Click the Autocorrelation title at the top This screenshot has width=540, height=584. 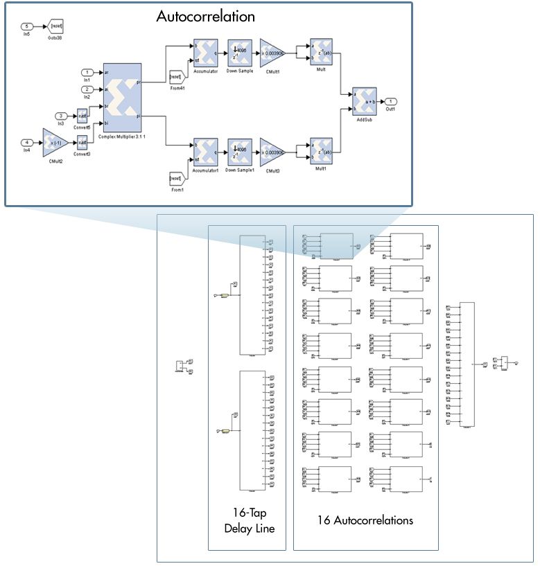tap(205, 17)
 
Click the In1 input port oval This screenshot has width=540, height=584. tap(87, 72)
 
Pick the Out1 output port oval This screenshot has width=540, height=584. tap(392, 101)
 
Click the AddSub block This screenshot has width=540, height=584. tap(364, 101)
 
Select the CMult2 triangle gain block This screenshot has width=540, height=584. tap(54, 143)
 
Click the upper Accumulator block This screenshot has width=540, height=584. tap(206, 52)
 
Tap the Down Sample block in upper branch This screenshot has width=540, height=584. tap(239, 52)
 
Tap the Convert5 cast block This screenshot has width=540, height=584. tap(82, 115)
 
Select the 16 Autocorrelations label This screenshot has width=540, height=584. tap(365, 520)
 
